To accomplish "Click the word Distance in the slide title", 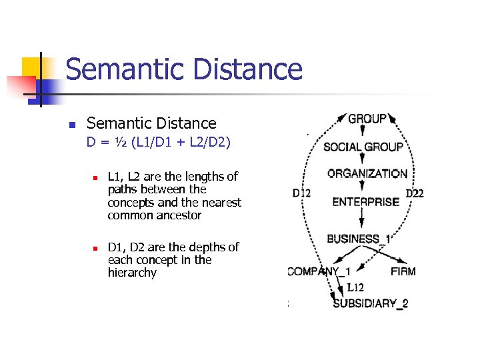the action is click(x=244, y=69).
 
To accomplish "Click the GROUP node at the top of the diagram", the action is click(x=367, y=119).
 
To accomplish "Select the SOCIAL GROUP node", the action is click(x=363, y=147).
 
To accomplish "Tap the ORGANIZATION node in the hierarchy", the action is click(x=367, y=173).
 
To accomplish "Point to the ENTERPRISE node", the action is click(x=366, y=201).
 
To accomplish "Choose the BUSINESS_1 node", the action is click(x=359, y=239).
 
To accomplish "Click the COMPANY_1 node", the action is click(x=319, y=271).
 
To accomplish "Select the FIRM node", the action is click(x=403, y=271).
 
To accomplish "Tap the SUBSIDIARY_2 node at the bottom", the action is click(x=371, y=303).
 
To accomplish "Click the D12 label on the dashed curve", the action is click(x=301, y=193).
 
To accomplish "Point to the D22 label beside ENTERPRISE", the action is click(x=414, y=193).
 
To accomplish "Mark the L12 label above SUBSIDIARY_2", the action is click(x=355, y=288).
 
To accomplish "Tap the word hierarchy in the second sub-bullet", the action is click(x=132, y=273).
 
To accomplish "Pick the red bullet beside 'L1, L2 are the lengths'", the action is click(x=96, y=178).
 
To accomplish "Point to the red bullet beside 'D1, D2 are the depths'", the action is click(x=96, y=248).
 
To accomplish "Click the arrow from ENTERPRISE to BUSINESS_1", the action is click(x=361, y=219).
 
